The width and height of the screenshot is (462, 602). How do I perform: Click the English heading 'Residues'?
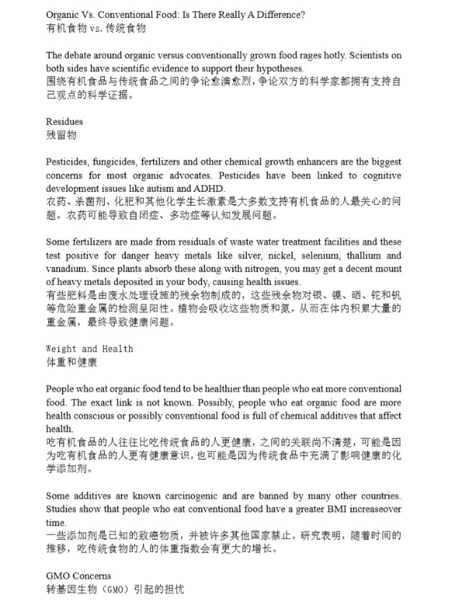tap(64, 121)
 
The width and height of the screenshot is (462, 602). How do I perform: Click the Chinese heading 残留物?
tap(61, 135)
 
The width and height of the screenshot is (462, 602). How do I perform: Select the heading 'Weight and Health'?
tap(90, 349)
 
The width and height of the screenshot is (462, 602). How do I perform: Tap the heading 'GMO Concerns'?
tap(79, 576)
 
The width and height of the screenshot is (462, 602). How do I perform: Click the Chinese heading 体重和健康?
tap(71, 362)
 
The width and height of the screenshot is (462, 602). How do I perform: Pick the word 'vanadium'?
tap(67, 269)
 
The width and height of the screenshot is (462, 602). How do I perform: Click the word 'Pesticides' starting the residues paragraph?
tap(67, 162)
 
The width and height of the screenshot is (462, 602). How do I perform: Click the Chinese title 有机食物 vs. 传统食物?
tap(96, 28)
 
